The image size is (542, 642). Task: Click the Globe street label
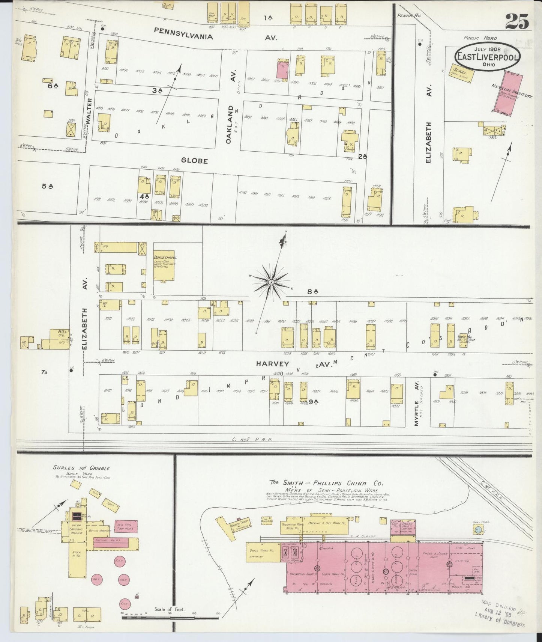[194, 161]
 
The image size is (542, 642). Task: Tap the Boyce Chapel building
[164, 266]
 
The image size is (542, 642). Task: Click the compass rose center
[271, 282]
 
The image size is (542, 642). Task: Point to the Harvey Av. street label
[273, 364]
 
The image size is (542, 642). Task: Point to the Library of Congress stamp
[499, 616]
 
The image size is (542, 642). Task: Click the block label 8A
[312, 291]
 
